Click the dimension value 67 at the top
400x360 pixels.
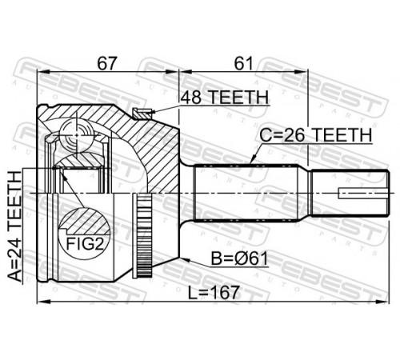pos(107,64)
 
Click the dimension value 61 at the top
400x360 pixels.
pos(242,64)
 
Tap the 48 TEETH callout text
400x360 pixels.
pos(224,97)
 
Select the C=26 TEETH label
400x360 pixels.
pos(316,135)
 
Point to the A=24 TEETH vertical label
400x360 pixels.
pos(14,226)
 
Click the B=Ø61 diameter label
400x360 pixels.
pos(239,258)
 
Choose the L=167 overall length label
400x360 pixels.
pos(214,292)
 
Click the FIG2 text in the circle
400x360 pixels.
pos(84,243)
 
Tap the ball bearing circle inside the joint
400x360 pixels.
pos(77,135)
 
